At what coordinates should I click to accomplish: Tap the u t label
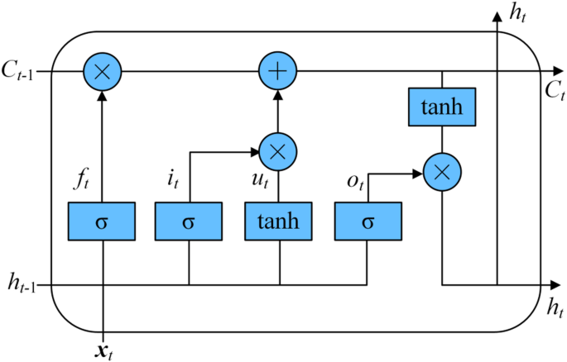tap(259, 177)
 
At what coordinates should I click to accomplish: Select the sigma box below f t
tap(102, 221)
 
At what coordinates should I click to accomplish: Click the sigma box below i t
tap(190, 221)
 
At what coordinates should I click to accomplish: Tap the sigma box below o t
tap(367, 221)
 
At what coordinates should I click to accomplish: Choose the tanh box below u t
tap(278, 221)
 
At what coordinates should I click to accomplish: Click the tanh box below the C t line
tap(442, 107)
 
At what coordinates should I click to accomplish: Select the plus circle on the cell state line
tap(279, 72)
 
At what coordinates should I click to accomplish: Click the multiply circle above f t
tap(102, 72)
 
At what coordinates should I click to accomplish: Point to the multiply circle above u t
tap(278, 151)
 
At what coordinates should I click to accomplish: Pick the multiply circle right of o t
tap(442, 174)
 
